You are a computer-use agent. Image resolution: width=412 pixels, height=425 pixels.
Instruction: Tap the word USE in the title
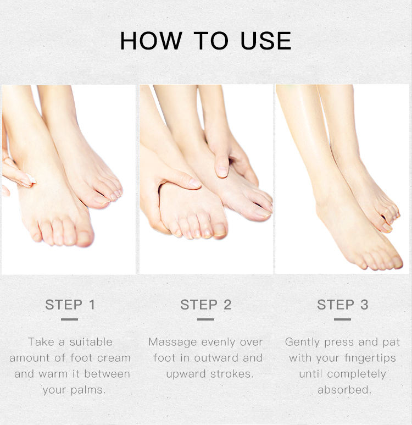pos(266,41)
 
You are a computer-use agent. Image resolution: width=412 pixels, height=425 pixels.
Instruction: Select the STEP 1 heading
pos(70,305)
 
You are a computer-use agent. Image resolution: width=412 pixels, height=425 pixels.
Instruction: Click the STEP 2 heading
pos(206,305)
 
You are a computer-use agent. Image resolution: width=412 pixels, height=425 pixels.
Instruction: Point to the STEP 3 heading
pos(342,305)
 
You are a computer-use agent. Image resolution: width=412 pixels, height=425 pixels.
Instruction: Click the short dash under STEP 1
pos(70,319)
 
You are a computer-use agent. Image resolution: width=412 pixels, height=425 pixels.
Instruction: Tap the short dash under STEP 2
pos(205,319)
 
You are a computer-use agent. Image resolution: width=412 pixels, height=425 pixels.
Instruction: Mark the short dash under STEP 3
pos(342,319)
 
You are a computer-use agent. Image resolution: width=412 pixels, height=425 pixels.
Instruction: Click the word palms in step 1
pos(87,390)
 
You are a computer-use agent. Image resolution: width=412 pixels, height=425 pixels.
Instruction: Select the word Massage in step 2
pos(173,342)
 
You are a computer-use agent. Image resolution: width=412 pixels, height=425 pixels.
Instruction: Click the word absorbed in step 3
pos(344,390)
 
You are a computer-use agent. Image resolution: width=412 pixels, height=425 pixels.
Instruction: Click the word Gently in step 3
pos(302,342)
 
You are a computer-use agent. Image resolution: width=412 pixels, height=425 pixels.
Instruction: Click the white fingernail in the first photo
pos(31,179)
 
